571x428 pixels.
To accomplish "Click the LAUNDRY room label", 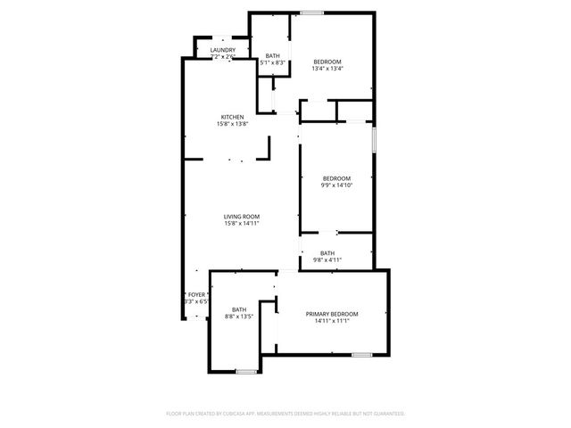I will coord(223,50).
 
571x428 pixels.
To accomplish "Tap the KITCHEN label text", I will coord(233,117).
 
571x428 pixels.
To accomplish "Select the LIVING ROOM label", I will coord(242,217).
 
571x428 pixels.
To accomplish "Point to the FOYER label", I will coord(196,294).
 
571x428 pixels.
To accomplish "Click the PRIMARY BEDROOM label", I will coord(332,314).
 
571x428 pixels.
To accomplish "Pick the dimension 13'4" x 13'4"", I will coord(328,69).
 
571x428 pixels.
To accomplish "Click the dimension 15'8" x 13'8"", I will coord(232,124).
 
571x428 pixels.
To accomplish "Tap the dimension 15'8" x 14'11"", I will coord(242,224).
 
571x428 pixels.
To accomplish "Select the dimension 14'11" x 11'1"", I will coord(332,321).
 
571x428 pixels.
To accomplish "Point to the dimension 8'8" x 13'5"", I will coord(239,317).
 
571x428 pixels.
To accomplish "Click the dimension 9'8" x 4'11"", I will coord(327,259).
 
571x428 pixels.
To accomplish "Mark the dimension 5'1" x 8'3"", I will coord(272,62).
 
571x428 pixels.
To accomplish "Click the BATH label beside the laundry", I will coord(272,55).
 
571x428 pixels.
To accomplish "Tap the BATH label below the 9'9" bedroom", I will coord(327,252).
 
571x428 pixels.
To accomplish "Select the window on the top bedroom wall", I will coord(311,12).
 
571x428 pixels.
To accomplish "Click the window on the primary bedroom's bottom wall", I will coord(361,355).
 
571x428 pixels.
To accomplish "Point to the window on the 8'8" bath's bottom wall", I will coord(247,370).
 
